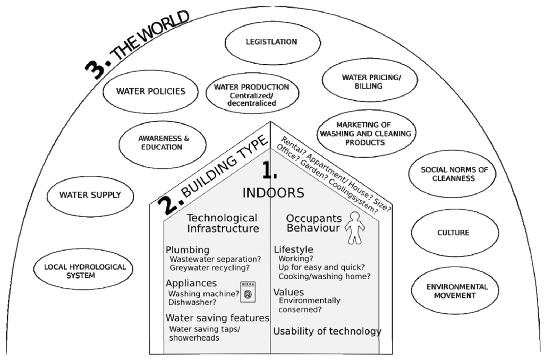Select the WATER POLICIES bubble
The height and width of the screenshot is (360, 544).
click(151, 91)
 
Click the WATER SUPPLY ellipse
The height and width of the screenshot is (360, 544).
click(90, 195)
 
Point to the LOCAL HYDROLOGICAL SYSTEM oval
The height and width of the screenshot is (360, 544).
click(81, 271)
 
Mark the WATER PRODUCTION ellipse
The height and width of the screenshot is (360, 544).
click(251, 95)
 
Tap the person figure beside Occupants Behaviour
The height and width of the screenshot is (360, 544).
click(355, 227)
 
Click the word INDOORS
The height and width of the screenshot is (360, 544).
click(273, 193)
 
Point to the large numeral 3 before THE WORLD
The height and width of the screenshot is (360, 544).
click(98, 68)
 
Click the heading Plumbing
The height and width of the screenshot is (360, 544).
click(188, 250)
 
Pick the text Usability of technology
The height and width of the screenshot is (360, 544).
click(327, 331)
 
